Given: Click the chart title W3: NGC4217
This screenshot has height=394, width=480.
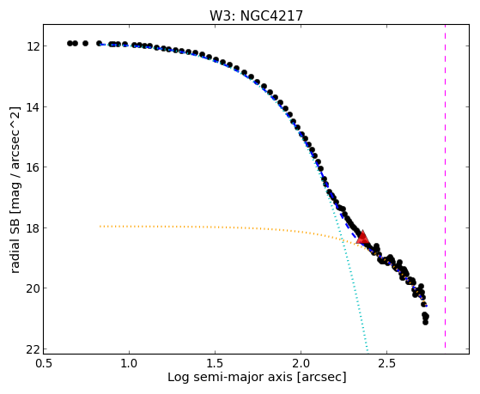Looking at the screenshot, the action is (256, 15).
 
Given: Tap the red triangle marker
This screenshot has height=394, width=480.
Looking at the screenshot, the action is (363, 238).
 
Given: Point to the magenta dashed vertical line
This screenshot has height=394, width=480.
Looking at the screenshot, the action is (445, 186).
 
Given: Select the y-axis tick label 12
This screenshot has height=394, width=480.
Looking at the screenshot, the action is (32, 46).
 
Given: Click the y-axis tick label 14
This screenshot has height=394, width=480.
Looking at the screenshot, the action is (32, 107).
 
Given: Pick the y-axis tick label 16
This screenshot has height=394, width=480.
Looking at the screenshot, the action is (32, 167).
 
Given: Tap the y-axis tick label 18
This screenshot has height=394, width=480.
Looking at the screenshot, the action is (32, 228).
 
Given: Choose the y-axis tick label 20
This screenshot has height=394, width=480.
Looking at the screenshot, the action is (32, 288).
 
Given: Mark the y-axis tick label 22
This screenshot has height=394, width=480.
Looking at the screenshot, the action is (32, 349).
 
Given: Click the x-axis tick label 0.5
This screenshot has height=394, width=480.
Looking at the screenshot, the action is (44, 363).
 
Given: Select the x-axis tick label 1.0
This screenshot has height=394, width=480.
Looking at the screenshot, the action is (129, 363).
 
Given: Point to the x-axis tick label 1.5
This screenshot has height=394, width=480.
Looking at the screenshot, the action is (215, 363).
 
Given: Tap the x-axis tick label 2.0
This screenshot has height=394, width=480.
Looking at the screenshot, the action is (301, 363).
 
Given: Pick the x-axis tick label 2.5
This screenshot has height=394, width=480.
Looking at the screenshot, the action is (386, 363).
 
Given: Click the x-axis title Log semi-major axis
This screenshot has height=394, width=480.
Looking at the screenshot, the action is (230, 377).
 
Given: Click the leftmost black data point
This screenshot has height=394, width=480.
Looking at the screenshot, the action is (70, 43).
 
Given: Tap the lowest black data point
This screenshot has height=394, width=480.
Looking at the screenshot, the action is (425, 322).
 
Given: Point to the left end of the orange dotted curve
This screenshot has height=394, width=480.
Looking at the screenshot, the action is (100, 227).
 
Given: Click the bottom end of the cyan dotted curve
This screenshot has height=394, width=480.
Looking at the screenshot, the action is (368, 350).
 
